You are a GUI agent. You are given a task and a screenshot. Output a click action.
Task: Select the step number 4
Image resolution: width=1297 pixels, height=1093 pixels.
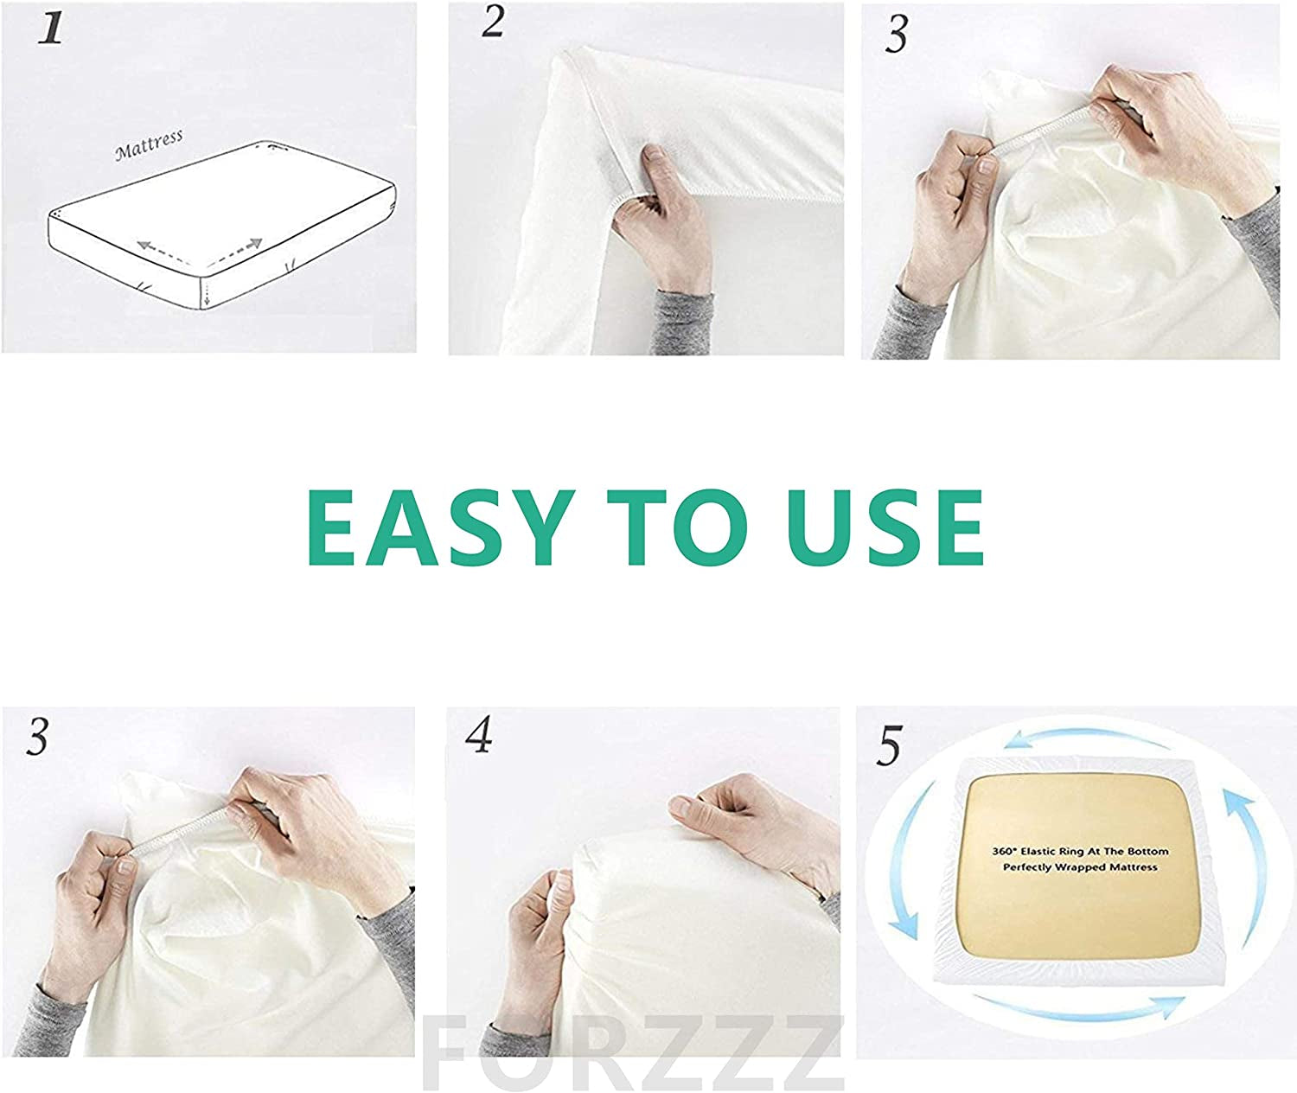[477, 736]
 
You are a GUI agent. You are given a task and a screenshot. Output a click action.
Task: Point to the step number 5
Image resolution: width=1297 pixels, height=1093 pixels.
[888, 745]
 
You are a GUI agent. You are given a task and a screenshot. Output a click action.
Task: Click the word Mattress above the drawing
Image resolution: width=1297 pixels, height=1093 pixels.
[149, 146]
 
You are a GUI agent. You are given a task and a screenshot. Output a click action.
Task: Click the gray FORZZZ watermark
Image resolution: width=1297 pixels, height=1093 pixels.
[634, 1055]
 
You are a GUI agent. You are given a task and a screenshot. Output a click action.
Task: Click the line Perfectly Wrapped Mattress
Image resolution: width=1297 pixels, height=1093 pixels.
[1079, 867]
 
